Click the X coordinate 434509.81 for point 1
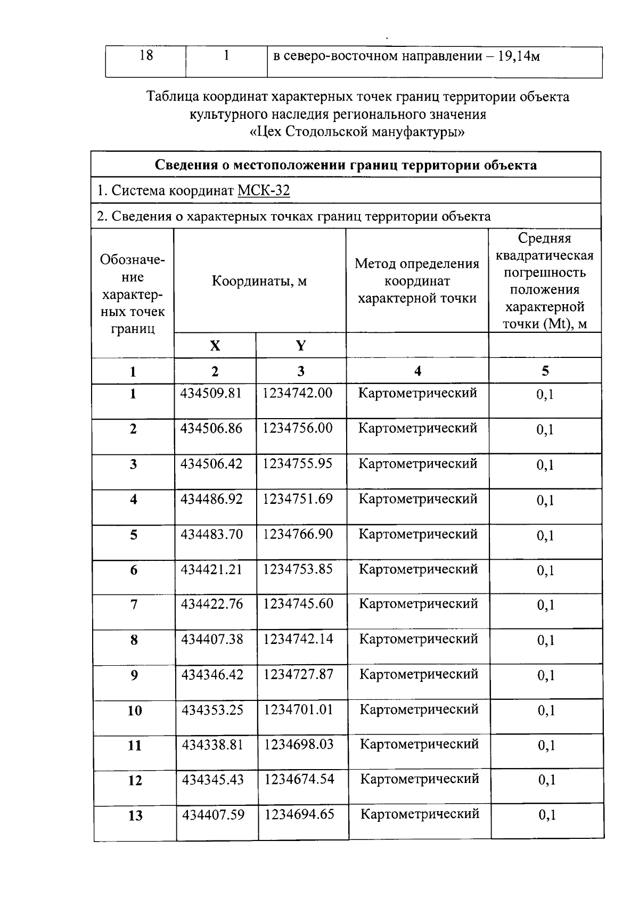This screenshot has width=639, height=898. (x=211, y=393)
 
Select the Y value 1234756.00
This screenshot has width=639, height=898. (x=298, y=428)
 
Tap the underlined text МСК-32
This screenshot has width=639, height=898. (x=264, y=191)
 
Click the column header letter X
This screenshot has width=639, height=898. (x=215, y=346)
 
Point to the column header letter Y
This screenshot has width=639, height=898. (x=301, y=346)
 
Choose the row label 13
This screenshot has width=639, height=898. (x=135, y=815)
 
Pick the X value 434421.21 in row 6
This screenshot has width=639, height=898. (x=211, y=569)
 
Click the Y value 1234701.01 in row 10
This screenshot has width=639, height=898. (x=299, y=709)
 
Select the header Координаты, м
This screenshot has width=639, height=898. (x=259, y=281)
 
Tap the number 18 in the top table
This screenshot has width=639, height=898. (x=146, y=55)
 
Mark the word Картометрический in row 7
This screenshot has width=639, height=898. (x=419, y=604)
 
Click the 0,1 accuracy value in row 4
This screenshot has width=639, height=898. (x=545, y=500)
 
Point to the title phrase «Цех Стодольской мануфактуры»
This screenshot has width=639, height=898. (x=357, y=132)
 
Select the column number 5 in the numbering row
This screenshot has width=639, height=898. (x=545, y=371)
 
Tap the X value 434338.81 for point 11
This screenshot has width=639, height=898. (x=212, y=744)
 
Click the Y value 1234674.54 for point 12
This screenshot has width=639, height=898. (x=299, y=779)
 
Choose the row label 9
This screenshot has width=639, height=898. (x=134, y=675)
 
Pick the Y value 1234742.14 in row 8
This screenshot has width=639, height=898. (x=298, y=639)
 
